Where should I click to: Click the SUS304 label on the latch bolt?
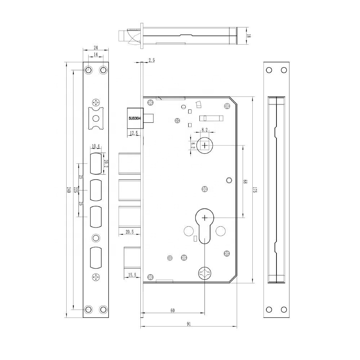pyautogui.click(x=135, y=118)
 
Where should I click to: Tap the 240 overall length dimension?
pyautogui.click(x=68, y=190)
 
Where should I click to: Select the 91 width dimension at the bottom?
pyautogui.click(x=189, y=324)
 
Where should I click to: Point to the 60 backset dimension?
pyautogui.click(x=172, y=310)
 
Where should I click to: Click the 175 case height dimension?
pyautogui.click(x=255, y=190)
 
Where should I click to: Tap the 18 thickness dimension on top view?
pyautogui.click(x=249, y=36)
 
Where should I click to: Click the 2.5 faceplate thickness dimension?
pyautogui.click(x=152, y=60)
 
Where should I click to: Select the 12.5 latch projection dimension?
pyautogui.click(x=134, y=133)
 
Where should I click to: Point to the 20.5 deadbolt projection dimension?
pyautogui.click(x=130, y=232)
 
